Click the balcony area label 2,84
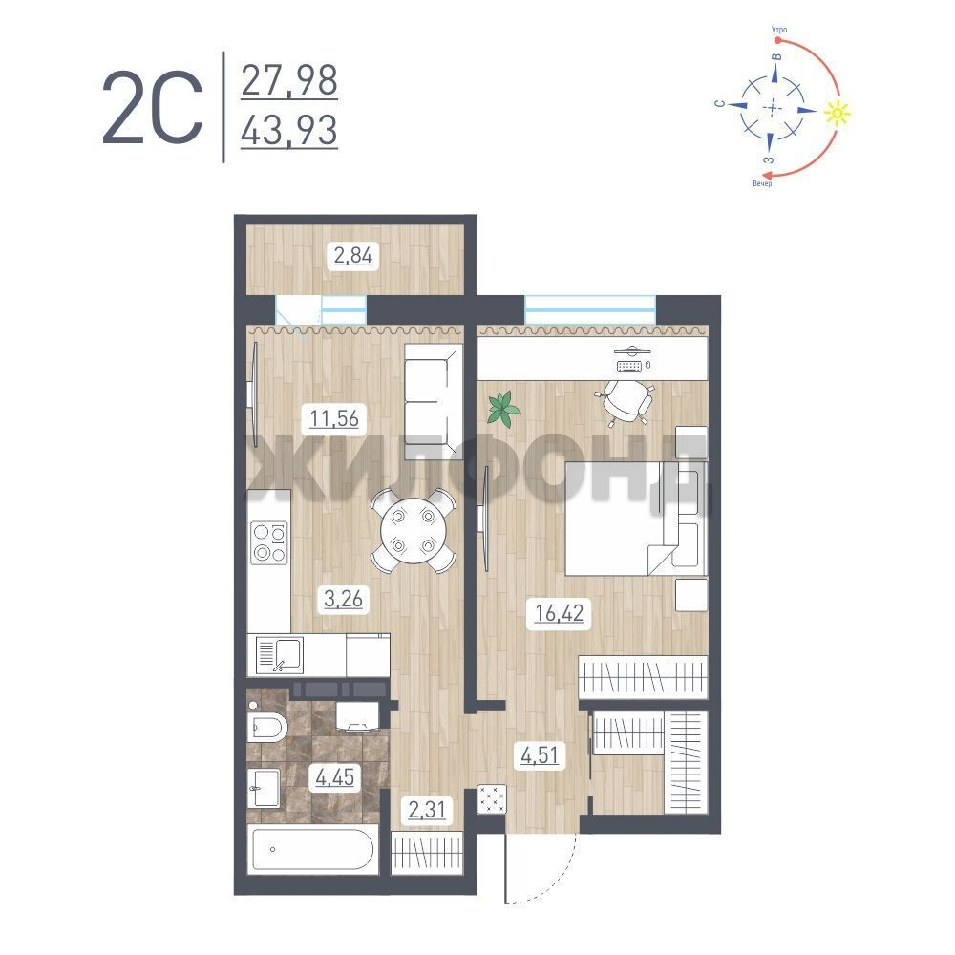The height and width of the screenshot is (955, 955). pos(352,255)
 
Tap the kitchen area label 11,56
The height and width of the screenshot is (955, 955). pos(334,418)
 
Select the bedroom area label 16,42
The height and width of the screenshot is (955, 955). pos(559,613)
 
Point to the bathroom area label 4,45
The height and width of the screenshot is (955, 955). pos(335,777)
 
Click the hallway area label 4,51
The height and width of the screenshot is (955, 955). pos(540,755)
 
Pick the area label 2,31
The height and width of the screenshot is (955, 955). pos(427,810)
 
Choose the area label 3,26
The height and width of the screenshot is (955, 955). pos(344,599)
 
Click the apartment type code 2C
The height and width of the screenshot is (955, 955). pos(152,108)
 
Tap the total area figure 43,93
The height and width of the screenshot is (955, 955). pos(289,130)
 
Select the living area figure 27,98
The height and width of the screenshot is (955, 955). pos(289,80)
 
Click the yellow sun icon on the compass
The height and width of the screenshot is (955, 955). pos(838,113)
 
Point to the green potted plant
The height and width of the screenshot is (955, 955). pos(503,408)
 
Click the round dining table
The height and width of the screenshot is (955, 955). pos(413,530)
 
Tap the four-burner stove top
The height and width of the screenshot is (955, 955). pos(269,542)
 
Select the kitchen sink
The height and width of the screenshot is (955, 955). pos(280,655)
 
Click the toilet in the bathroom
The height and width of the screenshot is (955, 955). pos(267,726)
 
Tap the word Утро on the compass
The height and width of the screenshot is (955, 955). pos(779,30)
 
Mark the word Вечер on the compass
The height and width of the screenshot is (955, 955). pos(762,183)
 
